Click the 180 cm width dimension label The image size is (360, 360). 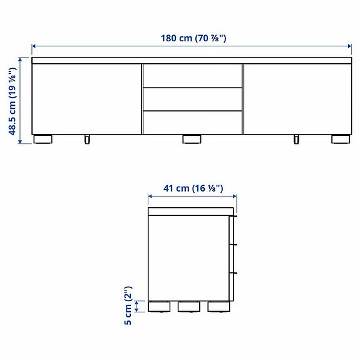point(193,38)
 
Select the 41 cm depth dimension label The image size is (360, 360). point(193,187)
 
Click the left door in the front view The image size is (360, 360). point(86,98)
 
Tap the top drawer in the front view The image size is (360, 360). point(193,75)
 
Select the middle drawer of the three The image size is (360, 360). point(193,98)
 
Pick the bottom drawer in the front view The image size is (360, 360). point(193,122)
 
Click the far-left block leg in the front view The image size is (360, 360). point(43,139)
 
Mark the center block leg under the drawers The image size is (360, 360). point(192,139)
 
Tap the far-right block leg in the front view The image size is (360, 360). point(341,139)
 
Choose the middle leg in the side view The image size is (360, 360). point(188,307)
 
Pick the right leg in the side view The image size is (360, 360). point(217,307)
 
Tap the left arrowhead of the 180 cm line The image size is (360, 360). point(34,46)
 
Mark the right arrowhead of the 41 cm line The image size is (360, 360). point(234,196)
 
